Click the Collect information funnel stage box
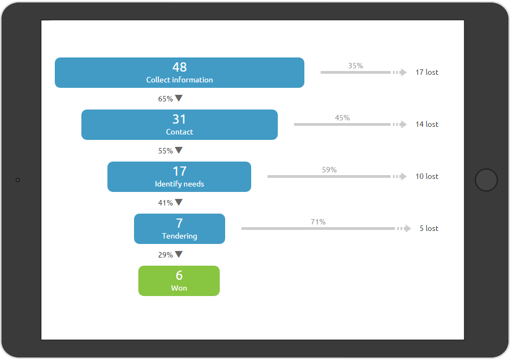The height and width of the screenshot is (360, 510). point(180,73)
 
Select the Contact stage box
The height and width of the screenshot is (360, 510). point(180,125)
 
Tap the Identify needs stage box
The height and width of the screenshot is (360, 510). point(179,177)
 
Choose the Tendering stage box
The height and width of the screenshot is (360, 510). point(180,229)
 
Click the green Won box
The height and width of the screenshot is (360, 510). point(179,281)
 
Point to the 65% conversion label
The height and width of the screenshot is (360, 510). point(165,99)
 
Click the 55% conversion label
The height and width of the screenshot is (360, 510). point(165,151)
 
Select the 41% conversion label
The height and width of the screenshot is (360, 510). point(165,203)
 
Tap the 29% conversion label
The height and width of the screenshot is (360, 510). point(165,255)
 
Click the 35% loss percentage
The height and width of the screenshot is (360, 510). point(355,66)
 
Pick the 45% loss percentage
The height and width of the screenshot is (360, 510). point(342,118)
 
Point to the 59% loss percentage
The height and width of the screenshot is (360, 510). point(329,170)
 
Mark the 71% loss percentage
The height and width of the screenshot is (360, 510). point(318,222)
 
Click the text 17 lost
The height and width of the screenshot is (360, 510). point(427,72)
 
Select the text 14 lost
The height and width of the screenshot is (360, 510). point(427,124)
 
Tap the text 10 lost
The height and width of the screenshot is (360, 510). point(427,176)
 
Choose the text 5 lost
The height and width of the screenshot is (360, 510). point(429,228)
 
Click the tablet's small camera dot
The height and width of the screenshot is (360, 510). point(18,180)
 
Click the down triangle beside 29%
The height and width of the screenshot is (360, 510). point(178,254)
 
